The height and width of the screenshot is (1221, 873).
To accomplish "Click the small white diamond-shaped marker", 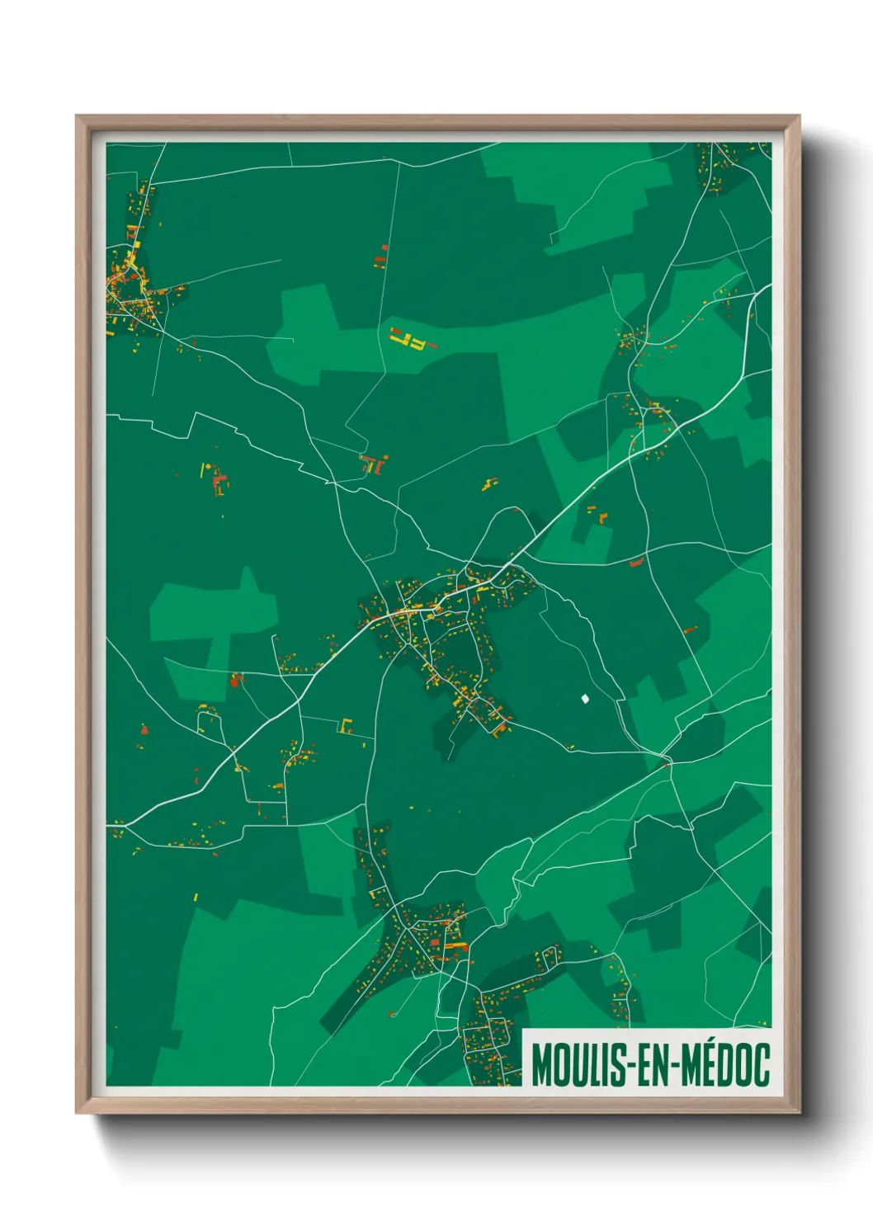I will click(585, 699).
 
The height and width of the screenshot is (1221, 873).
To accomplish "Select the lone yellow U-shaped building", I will click(346, 726).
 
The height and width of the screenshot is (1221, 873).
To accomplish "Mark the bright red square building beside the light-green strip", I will click(236, 681).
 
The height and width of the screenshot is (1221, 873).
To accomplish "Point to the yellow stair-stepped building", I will click(489, 484).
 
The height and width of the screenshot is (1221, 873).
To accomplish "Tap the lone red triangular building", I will click(144, 729).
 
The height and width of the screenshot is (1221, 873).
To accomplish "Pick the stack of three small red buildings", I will click(381, 256).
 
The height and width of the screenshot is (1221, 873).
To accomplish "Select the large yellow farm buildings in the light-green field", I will click(410, 338).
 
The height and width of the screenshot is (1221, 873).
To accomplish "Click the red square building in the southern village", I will click(435, 941).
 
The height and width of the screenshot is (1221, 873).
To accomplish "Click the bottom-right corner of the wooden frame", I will click(799, 1112).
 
